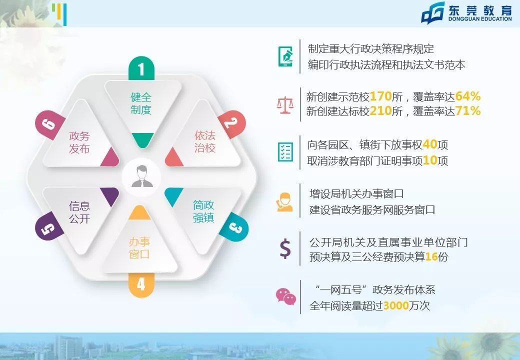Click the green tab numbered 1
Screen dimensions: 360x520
coord(141,68)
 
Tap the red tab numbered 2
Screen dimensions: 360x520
coord(230,122)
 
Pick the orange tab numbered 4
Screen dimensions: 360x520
coord(141,284)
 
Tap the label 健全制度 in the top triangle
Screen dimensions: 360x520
coord(141,103)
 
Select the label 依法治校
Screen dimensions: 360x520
coord(204,141)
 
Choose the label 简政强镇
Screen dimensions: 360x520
coord(204,211)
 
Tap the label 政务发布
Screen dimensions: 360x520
coord(79,142)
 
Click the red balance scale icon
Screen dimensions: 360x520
coord(285,105)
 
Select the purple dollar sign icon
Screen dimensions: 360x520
coord(285,249)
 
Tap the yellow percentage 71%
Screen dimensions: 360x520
coord(468,111)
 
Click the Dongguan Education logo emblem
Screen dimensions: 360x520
coord(433,13)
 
